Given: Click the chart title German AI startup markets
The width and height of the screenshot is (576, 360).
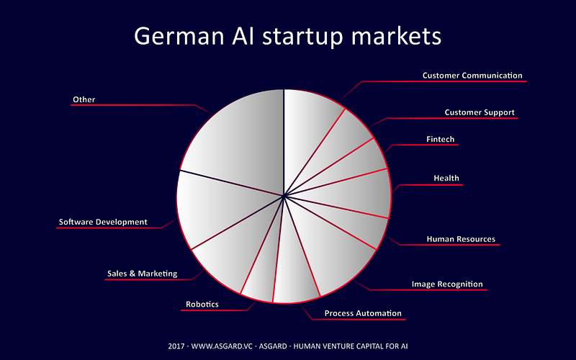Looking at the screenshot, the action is pos(287,37).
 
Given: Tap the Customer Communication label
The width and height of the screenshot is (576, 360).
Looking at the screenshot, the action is pos(472,76).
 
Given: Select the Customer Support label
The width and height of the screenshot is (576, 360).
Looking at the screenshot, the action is pos(480,112).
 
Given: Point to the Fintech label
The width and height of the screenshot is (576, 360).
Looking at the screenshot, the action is pos(441,139).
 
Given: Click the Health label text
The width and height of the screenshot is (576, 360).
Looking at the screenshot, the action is pos(446,178).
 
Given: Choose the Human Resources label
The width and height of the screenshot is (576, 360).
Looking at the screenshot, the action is pos(461,239).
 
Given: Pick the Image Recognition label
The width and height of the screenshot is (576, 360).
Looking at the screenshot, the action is pos(447,284).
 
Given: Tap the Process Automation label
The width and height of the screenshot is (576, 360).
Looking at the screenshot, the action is pos(363,313).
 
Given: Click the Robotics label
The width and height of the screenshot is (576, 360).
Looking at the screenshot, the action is pos(202,304).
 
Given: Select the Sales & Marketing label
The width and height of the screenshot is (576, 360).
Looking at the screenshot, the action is pos(142,274).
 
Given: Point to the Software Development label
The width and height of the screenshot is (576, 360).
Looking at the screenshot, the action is pos(103,222).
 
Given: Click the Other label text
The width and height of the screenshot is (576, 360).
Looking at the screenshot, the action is pos(84,99).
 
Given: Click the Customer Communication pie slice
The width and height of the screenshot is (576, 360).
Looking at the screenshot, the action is pos(309,125).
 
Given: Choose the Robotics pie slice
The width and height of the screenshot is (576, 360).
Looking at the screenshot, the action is pos(261,276).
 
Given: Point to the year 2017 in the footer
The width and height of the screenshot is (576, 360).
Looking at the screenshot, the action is pos(176,346).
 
